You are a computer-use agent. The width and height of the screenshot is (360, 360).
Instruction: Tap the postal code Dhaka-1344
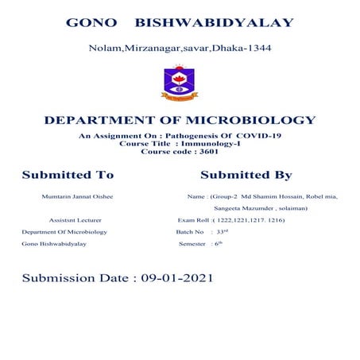(246, 48)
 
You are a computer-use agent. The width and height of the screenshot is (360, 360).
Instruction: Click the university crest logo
(180, 84)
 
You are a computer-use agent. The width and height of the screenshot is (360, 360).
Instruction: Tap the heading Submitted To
(68, 175)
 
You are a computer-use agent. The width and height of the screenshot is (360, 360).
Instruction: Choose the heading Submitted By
(246, 175)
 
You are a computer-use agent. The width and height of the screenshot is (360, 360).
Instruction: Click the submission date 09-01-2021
(176, 279)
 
